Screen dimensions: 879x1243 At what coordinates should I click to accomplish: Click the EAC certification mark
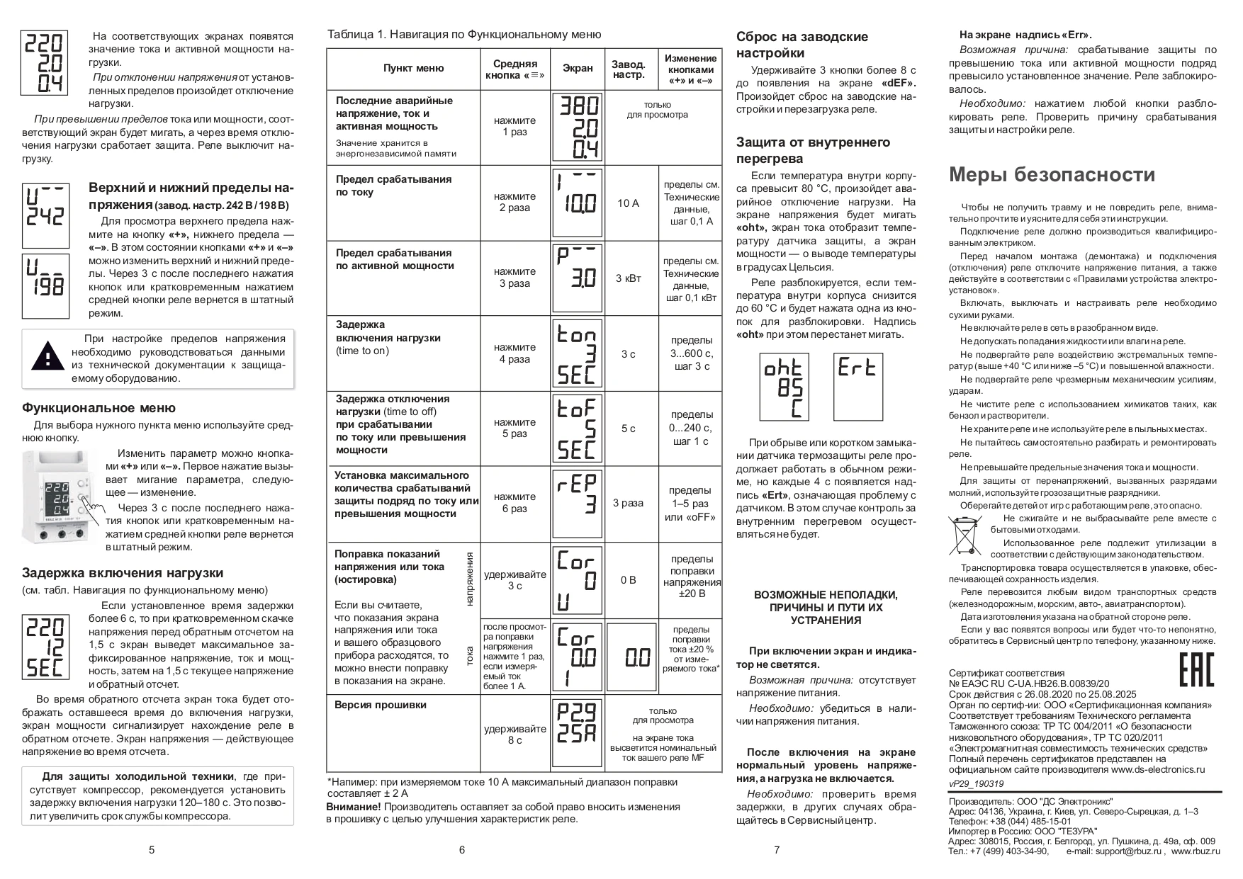coord(1196,669)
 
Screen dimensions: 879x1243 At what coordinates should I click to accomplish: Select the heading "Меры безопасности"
coord(1052,174)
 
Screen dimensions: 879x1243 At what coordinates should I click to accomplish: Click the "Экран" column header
coord(578,69)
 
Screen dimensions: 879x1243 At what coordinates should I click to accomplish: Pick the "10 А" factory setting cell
coord(628,203)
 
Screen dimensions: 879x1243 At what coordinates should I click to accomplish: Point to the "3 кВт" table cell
coord(628,278)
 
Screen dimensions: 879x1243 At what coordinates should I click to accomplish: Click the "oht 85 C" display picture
coord(783,387)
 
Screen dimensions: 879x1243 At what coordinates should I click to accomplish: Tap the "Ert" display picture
coord(857,387)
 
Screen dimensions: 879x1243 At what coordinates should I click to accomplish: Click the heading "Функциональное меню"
coord(99,408)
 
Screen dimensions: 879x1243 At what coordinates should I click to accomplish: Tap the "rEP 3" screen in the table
coord(577,503)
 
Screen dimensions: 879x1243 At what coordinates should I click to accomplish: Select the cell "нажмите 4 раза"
coord(514,353)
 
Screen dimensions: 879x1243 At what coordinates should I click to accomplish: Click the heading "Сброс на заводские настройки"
coord(802,45)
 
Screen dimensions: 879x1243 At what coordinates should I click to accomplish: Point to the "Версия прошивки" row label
coord(381,705)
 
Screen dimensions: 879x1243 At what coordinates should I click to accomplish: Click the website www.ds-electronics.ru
coord(1157,769)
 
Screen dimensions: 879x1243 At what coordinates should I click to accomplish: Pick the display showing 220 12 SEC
coord(45,647)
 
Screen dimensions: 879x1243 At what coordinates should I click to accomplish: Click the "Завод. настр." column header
coord(629,69)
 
